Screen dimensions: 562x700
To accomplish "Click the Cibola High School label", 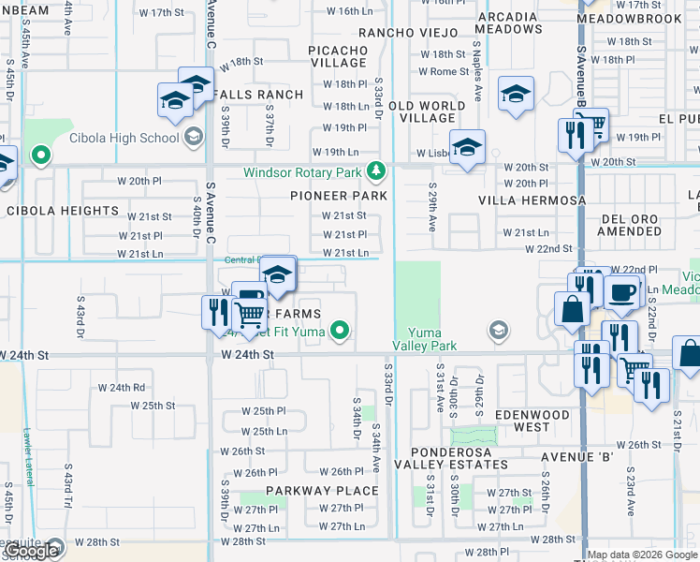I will click(124, 138).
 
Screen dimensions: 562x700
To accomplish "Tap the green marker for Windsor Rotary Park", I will click(375, 170).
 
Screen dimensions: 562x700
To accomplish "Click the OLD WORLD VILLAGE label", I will click(427, 112).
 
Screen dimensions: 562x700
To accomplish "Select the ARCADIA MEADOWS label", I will click(509, 22).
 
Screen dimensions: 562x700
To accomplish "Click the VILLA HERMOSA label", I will click(532, 200).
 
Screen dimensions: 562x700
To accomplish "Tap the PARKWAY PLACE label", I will click(322, 491).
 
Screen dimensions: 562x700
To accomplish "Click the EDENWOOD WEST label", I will click(532, 421).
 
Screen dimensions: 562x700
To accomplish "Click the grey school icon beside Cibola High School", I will click(194, 138).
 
